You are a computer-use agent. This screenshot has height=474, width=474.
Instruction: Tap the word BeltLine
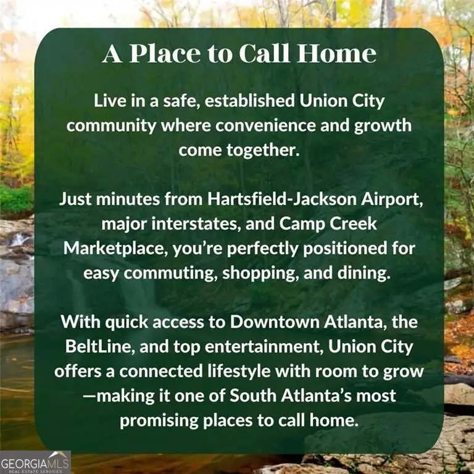pos(95,346)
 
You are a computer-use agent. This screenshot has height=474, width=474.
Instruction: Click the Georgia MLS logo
pos(35,462)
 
